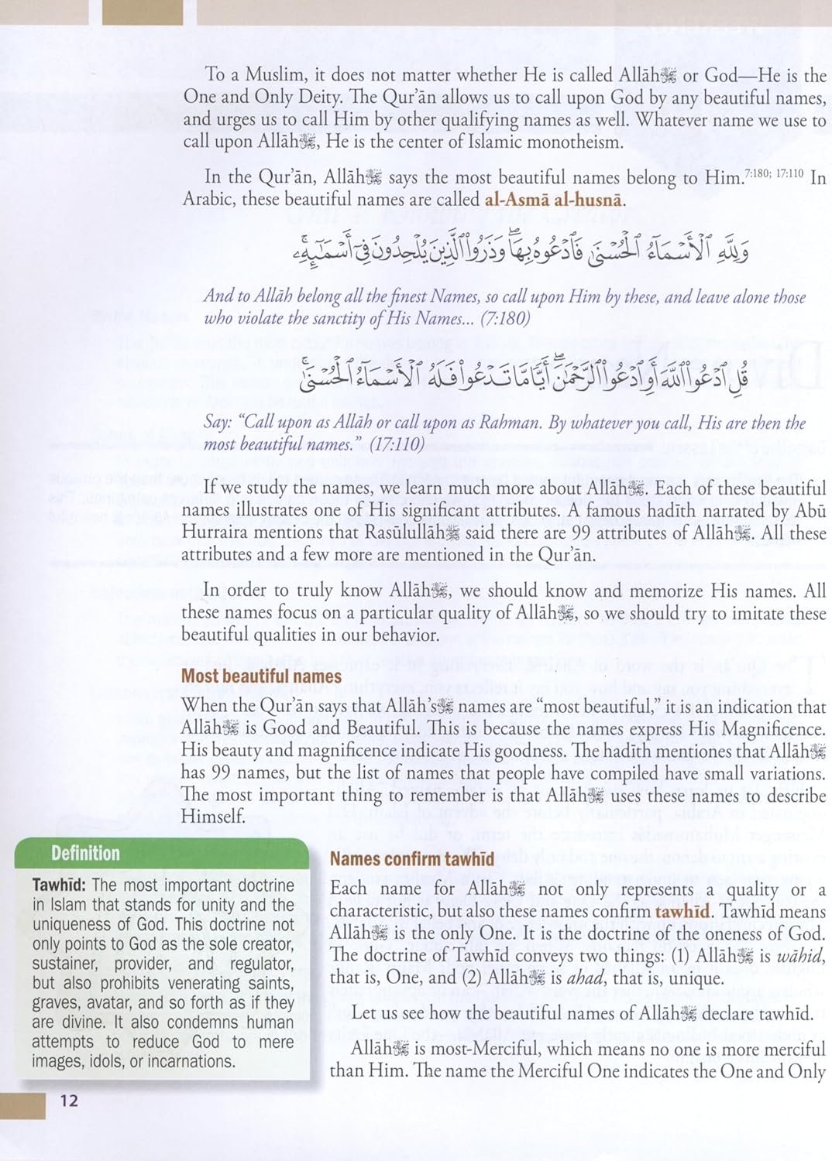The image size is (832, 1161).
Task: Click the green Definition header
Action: pyautogui.click(x=85, y=854)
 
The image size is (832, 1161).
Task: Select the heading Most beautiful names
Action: pyautogui.click(x=261, y=676)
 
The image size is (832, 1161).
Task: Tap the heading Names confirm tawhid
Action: pyautogui.click(x=412, y=859)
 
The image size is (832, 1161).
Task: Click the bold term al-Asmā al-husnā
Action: pyautogui.click(x=553, y=200)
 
